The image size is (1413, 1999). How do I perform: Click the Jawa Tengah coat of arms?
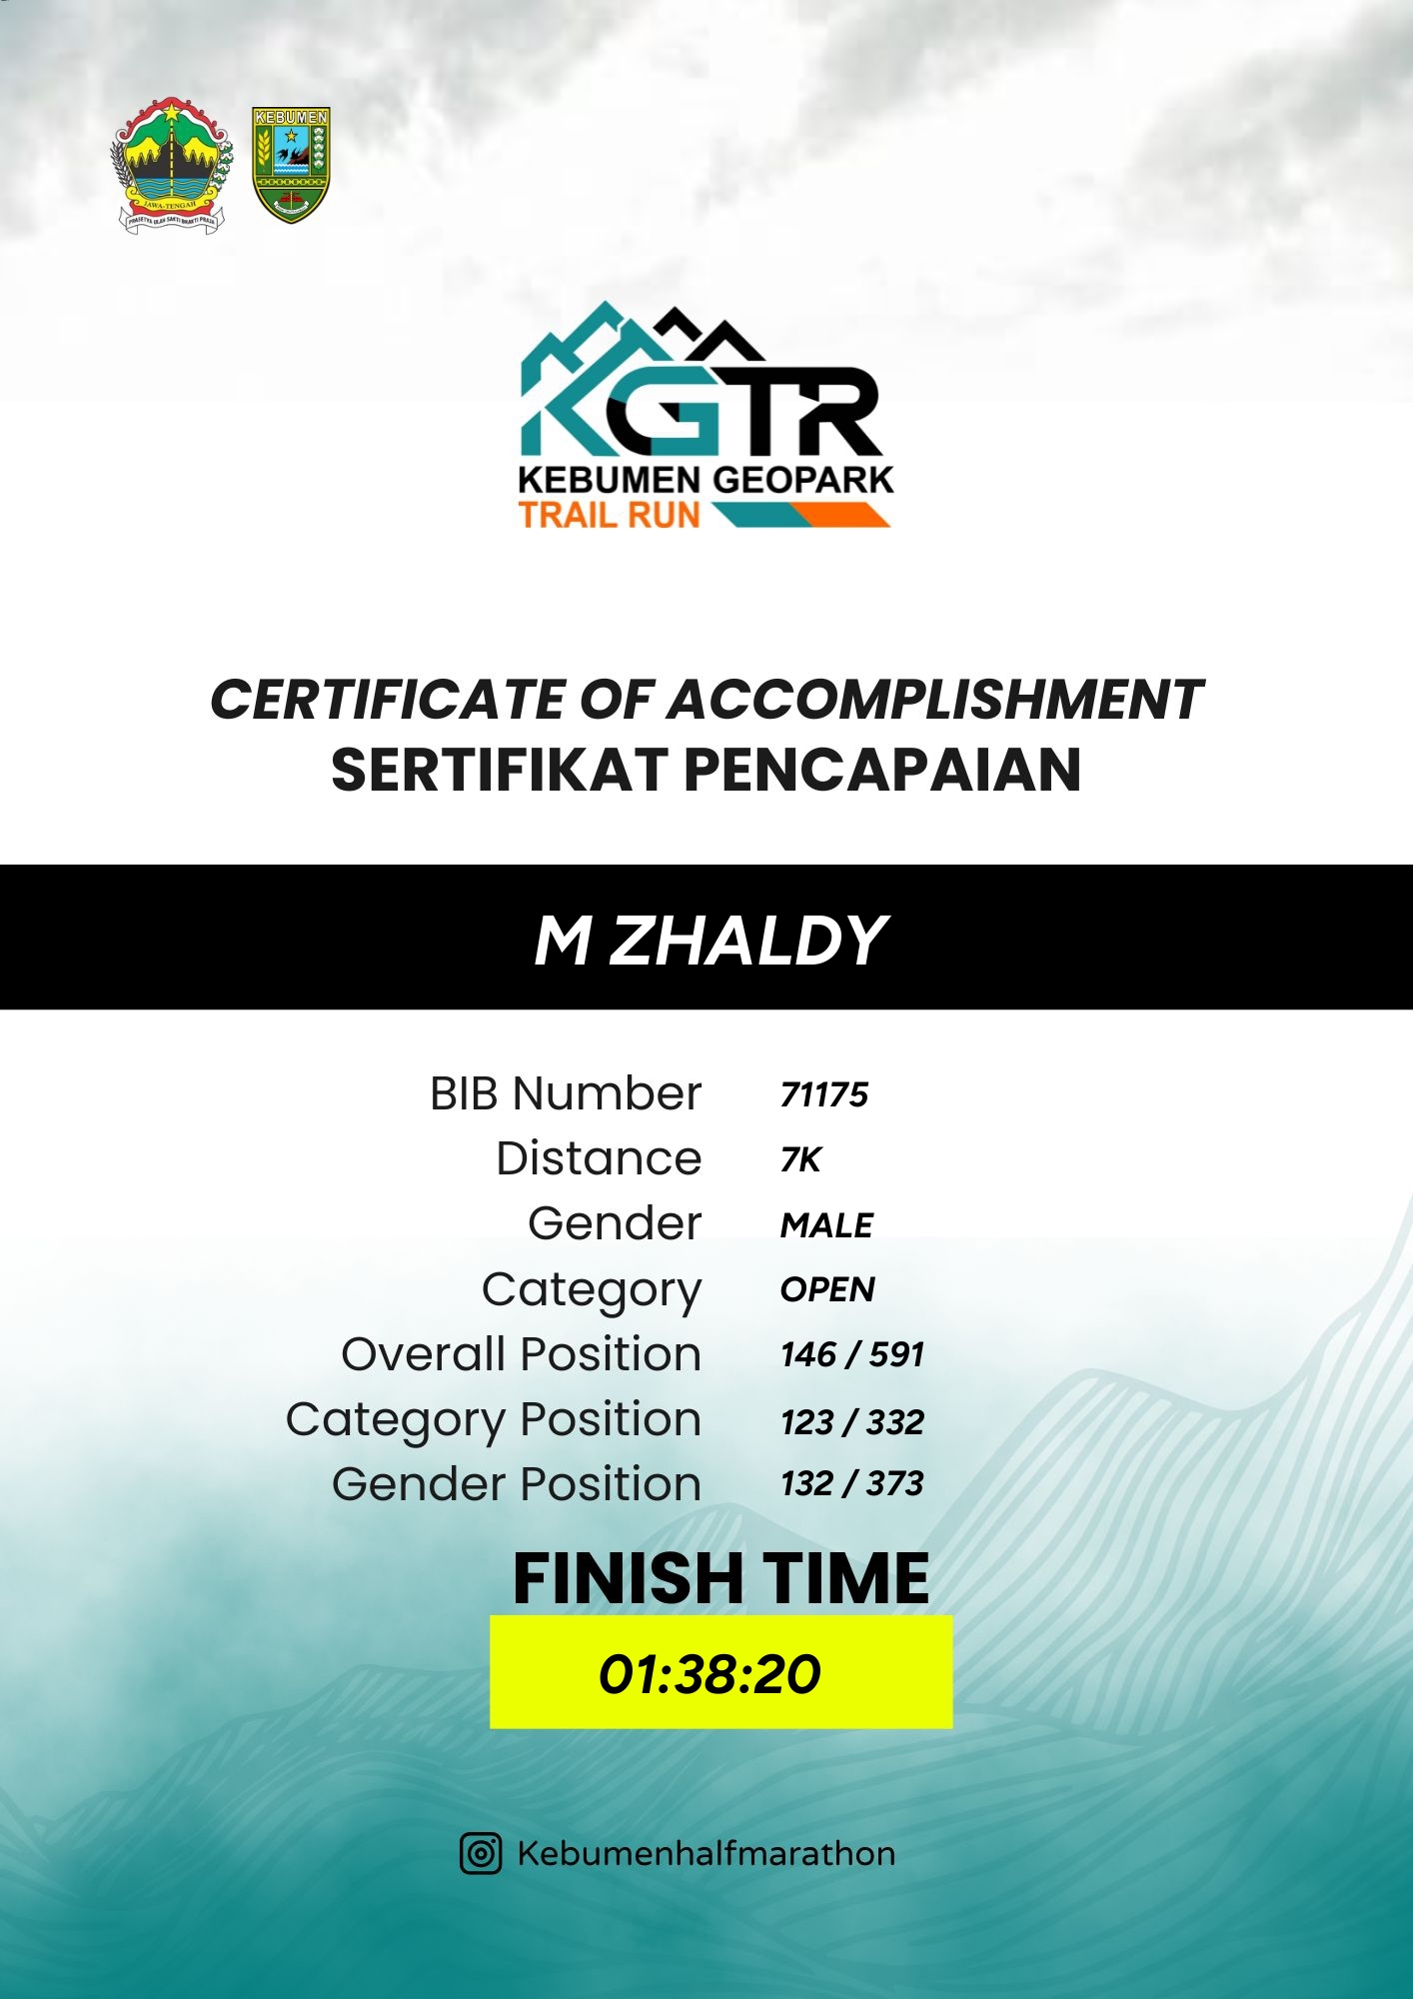click(x=172, y=166)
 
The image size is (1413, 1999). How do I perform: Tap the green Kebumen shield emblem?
click(x=291, y=165)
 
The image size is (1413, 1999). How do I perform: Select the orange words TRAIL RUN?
click(x=610, y=515)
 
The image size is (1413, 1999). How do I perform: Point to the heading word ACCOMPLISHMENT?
click(x=935, y=699)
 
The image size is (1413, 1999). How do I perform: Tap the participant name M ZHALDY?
click(x=710, y=941)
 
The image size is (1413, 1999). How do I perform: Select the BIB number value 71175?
click(x=824, y=1094)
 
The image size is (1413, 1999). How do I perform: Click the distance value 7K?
click(x=800, y=1159)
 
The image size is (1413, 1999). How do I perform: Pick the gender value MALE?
click(x=827, y=1224)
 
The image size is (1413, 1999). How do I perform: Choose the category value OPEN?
click(x=828, y=1289)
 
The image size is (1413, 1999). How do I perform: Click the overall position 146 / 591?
click(x=852, y=1354)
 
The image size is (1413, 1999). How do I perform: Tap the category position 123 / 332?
click(x=852, y=1421)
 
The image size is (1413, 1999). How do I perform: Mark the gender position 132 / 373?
click(x=852, y=1483)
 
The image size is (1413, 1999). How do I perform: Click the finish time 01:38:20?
click(x=709, y=1674)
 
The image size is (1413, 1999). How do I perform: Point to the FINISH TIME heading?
click(x=720, y=1578)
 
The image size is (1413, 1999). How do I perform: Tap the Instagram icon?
click(x=481, y=1853)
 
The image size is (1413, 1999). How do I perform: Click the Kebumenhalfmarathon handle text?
click(x=706, y=1853)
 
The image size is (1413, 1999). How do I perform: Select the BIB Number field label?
click(x=566, y=1093)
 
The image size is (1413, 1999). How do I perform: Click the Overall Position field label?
click(x=522, y=1354)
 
